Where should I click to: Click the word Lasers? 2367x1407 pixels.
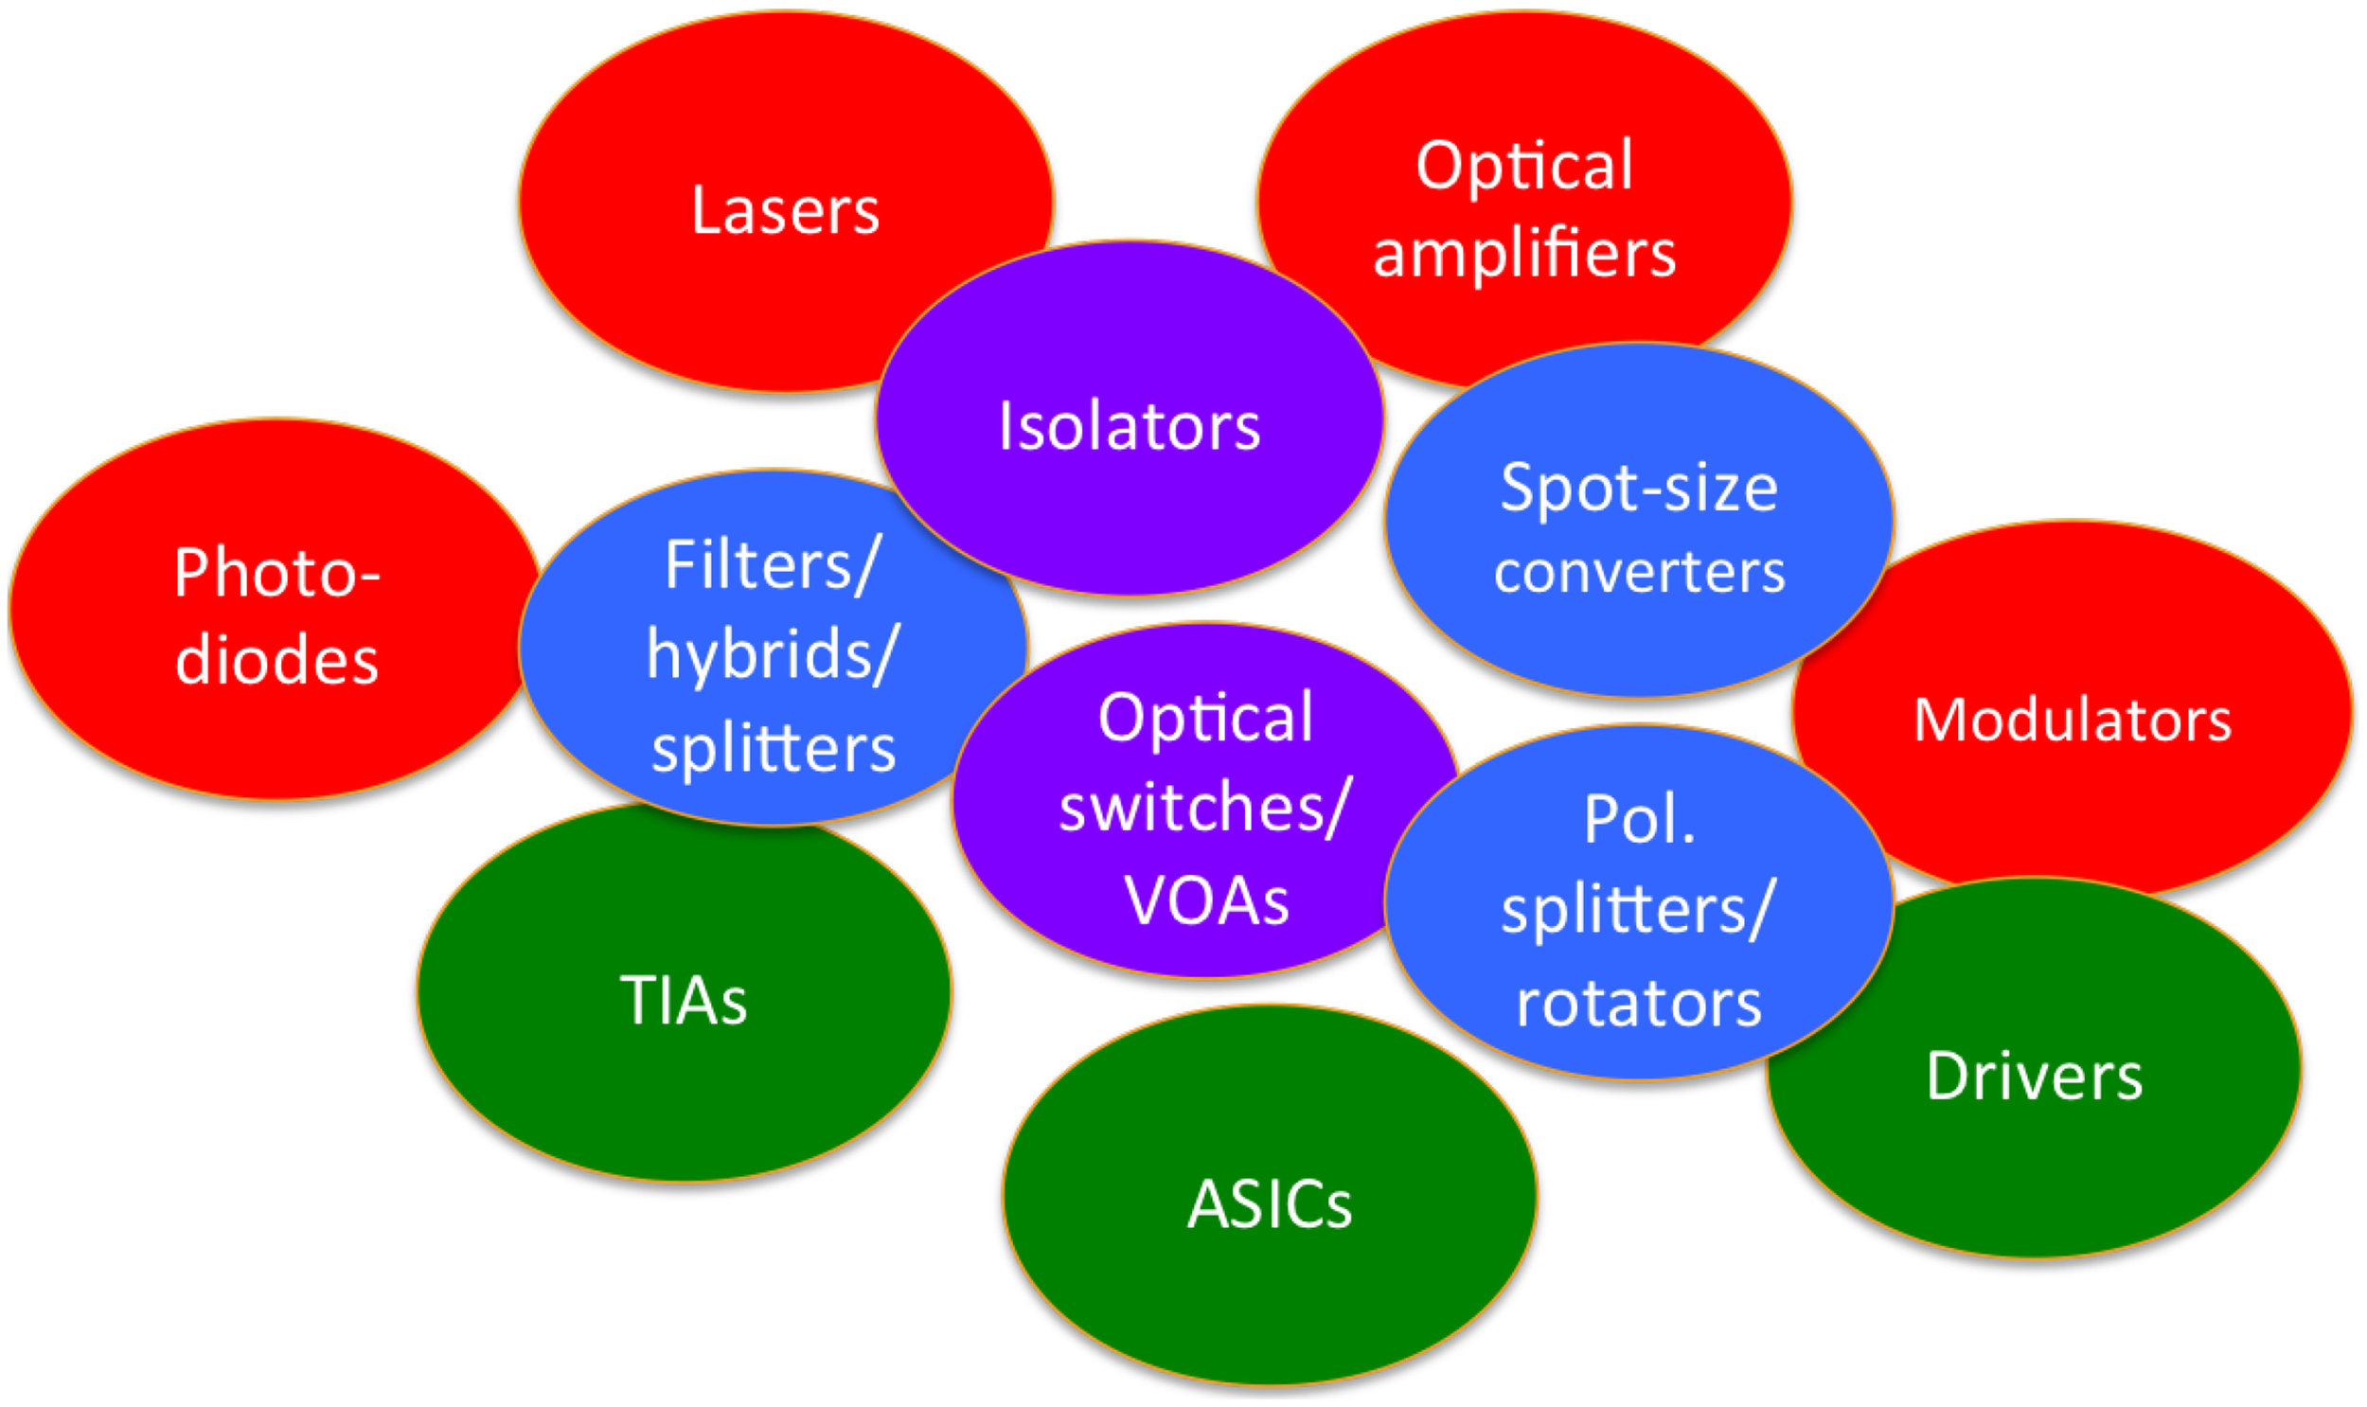[785, 210]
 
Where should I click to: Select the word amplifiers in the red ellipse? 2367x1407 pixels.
[1524, 254]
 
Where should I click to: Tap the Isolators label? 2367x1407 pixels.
[1129, 427]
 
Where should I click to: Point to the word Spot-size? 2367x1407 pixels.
[1638, 490]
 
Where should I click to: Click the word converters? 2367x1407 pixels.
[1639, 573]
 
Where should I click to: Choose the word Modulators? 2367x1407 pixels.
[2073, 721]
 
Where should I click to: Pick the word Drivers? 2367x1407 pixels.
[2035, 1078]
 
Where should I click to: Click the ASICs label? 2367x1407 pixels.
[1270, 1206]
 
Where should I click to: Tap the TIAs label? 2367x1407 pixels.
[684, 1001]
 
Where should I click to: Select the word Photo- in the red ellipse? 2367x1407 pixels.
[276, 575]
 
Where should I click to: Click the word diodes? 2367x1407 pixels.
[276, 660]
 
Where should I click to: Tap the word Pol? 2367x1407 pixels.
[1639, 819]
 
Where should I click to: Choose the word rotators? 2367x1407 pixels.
[1639, 1003]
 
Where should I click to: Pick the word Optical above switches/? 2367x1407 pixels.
[1205, 719]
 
